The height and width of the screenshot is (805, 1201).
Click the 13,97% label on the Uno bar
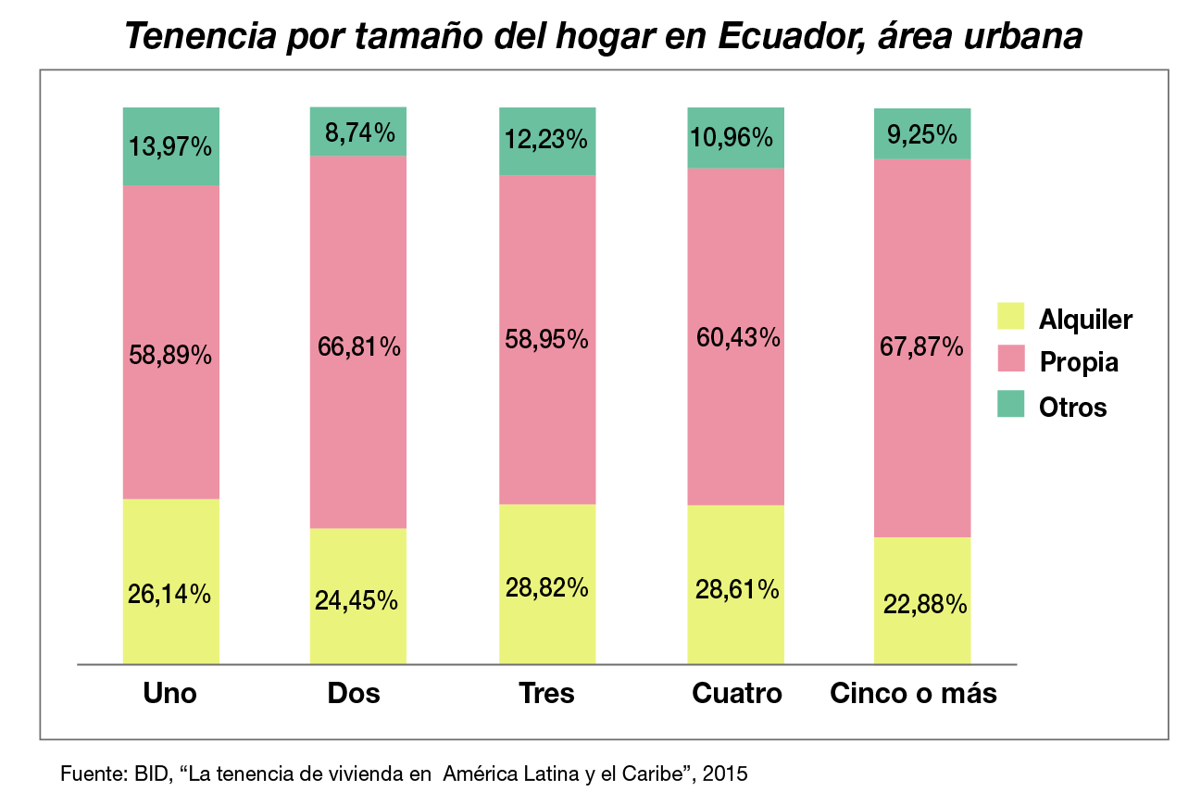pos(170,146)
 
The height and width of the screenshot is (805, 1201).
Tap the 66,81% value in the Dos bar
pos(357,347)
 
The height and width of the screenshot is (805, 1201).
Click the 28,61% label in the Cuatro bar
pos(736,589)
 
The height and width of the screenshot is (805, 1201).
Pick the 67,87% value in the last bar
pos(922,347)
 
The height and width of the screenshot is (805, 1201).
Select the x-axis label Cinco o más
pos(913,693)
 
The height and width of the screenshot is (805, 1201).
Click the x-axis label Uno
pos(170,693)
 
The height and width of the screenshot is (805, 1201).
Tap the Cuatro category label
pos(737,693)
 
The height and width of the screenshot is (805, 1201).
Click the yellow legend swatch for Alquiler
pos(1010,316)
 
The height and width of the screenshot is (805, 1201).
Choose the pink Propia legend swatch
pos(1010,359)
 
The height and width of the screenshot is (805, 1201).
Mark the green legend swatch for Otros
pos(1010,404)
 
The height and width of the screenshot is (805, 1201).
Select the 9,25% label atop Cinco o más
pos(922,135)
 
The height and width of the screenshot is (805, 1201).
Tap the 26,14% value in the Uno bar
pos(170,595)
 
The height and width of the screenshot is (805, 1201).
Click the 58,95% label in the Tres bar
pos(547,339)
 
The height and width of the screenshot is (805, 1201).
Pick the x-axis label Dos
pos(354,693)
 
